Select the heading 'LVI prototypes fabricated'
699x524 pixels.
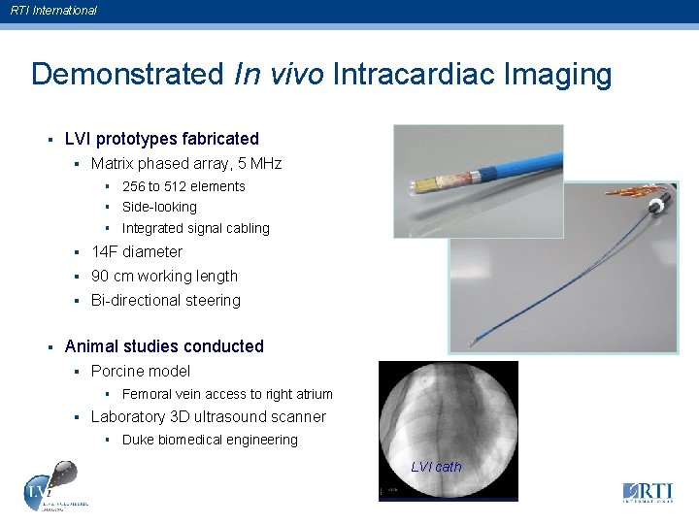[161, 139]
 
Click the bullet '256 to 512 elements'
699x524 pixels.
[183, 186]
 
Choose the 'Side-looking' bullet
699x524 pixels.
[159, 207]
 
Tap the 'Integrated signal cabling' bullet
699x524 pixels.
[195, 228]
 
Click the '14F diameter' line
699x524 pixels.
[136, 251]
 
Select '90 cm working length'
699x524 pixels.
[164, 276]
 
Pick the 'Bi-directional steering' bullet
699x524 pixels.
[165, 300]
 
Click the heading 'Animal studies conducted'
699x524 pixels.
[163, 346]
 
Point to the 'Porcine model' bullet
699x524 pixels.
[140, 371]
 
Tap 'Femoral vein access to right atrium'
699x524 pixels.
[227, 394]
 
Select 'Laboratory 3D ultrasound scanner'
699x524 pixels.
[208, 416]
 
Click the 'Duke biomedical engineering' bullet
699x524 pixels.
[210, 440]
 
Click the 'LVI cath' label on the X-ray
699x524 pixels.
[436, 467]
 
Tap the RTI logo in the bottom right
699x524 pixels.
[648, 492]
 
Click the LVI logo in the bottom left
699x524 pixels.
[49, 488]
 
